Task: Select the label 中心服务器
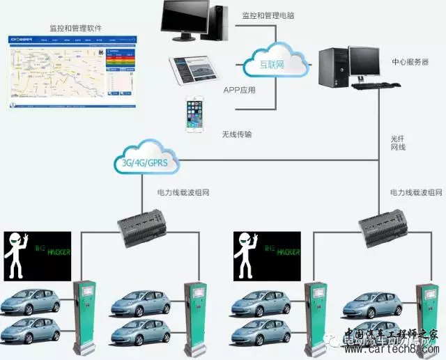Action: (410, 62)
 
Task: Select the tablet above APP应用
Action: (194, 70)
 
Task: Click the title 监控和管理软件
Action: (75, 29)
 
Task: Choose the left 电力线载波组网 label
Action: (184, 191)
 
